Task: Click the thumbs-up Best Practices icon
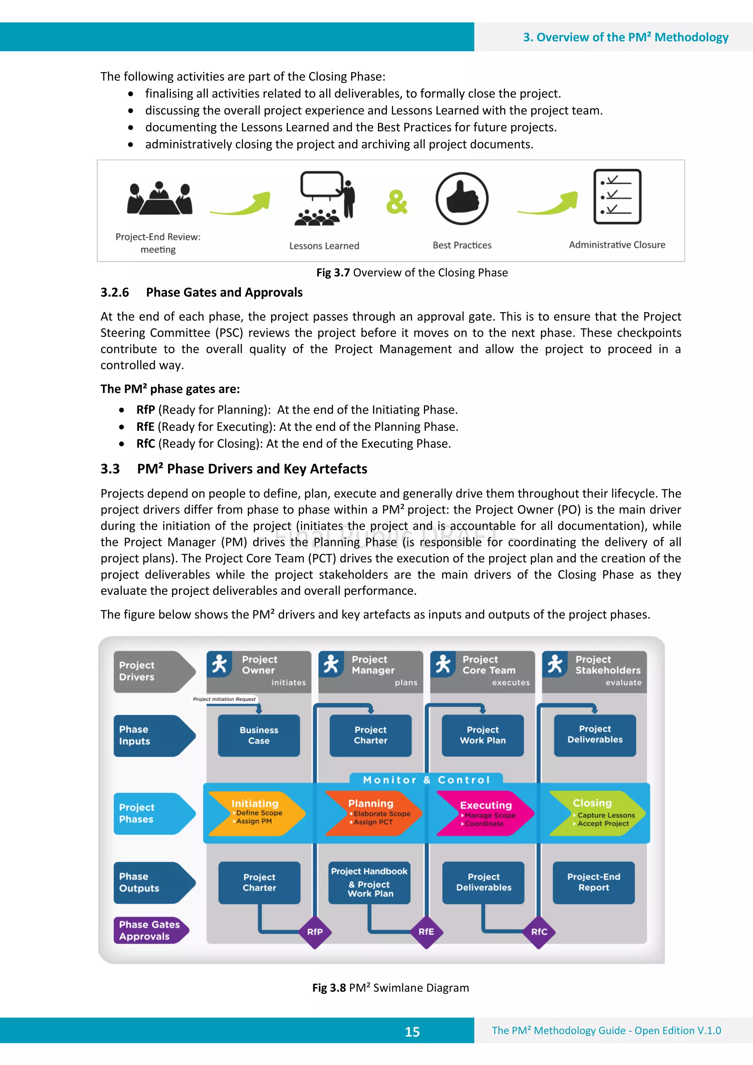(x=462, y=199)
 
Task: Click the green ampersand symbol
(x=397, y=202)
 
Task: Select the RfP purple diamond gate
(x=315, y=932)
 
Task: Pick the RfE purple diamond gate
(x=427, y=932)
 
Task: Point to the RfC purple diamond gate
(x=539, y=932)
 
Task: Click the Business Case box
(x=259, y=735)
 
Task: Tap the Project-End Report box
(x=593, y=882)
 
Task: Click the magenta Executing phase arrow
(x=484, y=814)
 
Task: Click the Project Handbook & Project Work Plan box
(x=370, y=882)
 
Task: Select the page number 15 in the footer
(x=412, y=1032)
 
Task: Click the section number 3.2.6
(x=115, y=292)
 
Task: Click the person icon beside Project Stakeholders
(x=555, y=664)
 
